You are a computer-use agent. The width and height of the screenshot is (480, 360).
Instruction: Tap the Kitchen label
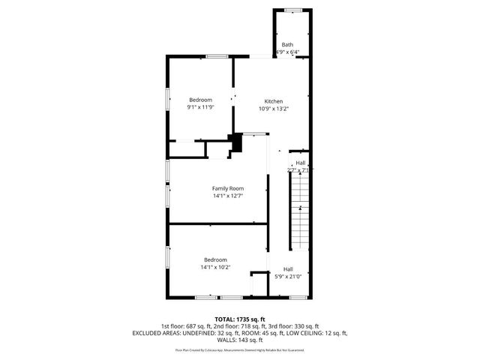273,101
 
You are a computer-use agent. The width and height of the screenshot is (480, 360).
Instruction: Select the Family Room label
227,188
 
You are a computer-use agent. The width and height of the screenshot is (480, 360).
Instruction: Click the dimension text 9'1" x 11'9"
200,107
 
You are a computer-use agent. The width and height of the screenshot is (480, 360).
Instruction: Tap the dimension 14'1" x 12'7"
227,196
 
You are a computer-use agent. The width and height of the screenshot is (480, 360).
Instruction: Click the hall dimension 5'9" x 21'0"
288,277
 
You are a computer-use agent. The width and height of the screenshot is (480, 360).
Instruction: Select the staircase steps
299,210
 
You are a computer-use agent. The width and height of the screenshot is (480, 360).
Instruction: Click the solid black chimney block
237,142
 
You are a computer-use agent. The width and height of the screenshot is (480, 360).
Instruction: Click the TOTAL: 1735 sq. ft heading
240,319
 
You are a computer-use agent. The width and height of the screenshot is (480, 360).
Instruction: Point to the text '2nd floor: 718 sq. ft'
241,326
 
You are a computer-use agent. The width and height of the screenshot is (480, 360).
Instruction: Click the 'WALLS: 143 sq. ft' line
240,339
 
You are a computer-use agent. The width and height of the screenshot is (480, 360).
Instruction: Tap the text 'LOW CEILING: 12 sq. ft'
318,332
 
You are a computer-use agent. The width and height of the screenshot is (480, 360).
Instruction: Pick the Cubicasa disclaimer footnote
240,349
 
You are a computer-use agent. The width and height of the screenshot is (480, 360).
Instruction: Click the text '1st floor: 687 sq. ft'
186,326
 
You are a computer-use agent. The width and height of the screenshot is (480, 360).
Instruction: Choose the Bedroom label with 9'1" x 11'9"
200,100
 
